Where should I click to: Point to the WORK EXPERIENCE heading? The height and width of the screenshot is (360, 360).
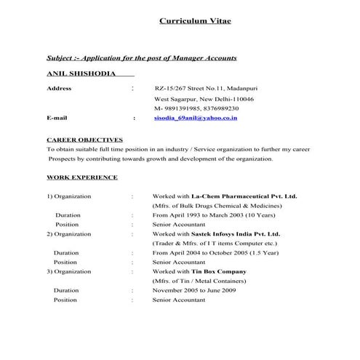click(x=81, y=177)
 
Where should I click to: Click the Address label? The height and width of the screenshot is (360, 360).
click(x=59, y=88)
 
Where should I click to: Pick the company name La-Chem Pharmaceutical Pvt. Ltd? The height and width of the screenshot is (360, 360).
click(x=244, y=196)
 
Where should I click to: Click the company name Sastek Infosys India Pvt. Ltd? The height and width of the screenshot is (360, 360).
click(x=236, y=234)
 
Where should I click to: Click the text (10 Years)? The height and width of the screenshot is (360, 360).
click(x=257, y=215)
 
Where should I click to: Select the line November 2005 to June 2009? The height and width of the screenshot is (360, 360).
click(x=194, y=290)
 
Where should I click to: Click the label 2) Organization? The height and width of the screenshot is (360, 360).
click(x=69, y=234)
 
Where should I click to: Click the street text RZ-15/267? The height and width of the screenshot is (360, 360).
click(x=171, y=88)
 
